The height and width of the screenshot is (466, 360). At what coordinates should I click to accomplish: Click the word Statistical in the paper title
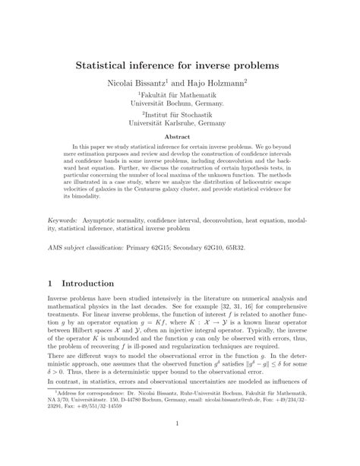click(107, 66)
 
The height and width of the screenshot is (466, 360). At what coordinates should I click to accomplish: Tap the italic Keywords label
click(62, 217)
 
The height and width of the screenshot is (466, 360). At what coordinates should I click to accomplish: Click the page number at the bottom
click(180, 446)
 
